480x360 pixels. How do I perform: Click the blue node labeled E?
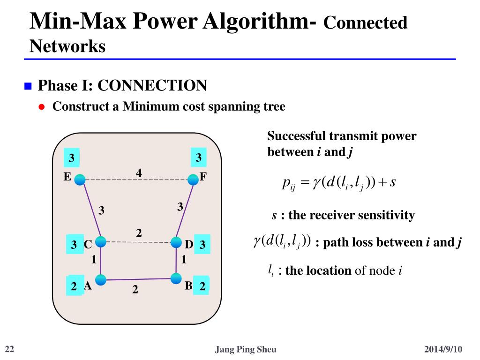[80, 179]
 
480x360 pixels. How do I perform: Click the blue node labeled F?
[193, 179]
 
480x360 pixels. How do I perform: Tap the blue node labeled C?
[101, 242]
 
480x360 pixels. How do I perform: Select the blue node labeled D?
[176, 242]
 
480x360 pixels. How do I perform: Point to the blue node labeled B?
[176, 278]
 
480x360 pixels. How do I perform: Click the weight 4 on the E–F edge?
[139, 173]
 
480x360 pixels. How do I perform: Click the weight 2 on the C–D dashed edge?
[139, 233]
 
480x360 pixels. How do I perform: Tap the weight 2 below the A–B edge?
[135, 290]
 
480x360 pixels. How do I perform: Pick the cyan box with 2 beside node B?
[202, 286]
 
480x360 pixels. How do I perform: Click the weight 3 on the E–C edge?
[101, 210]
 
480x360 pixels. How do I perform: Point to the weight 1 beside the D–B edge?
[184, 259]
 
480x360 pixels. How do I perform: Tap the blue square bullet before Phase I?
[28, 86]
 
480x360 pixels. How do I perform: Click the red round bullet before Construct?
[41, 107]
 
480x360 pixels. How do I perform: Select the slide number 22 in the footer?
[9, 349]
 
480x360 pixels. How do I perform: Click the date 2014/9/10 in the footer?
[443, 349]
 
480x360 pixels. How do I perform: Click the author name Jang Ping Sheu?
[245, 349]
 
